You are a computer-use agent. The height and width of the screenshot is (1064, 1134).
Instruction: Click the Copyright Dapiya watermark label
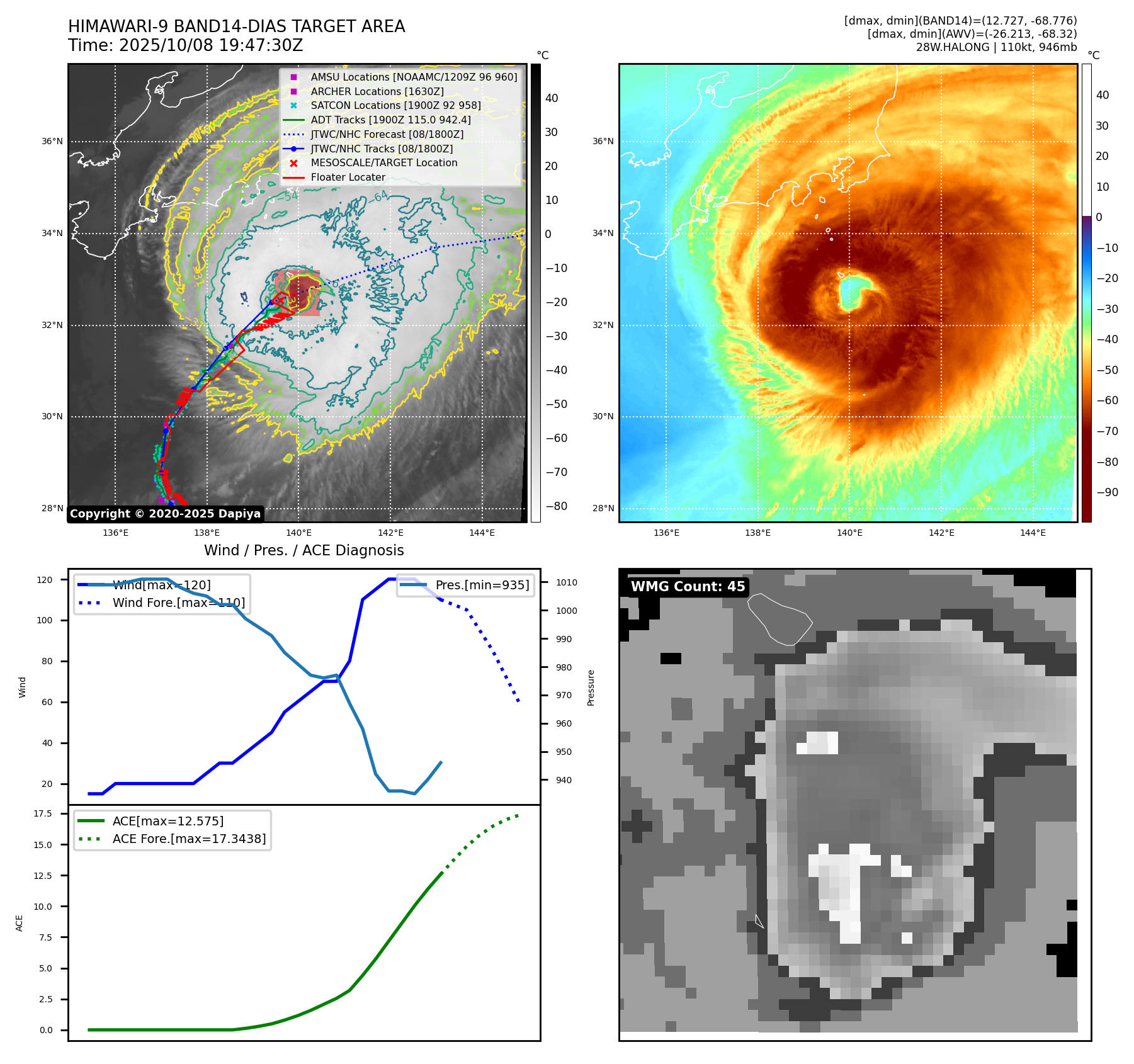pyautogui.click(x=165, y=514)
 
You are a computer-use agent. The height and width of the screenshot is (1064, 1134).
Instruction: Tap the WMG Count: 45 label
pyautogui.click(x=688, y=587)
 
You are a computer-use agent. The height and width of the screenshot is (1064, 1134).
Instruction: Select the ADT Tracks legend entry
pyautogui.click(x=390, y=120)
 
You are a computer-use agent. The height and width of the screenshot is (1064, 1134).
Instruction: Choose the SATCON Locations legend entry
pyautogui.click(x=395, y=105)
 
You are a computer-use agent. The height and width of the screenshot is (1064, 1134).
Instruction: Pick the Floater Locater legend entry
pyautogui.click(x=348, y=177)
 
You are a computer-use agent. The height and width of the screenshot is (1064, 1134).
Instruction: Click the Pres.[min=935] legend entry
pyautogui.click(x=482, y=585)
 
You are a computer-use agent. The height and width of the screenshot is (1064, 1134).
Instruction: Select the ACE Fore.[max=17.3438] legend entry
pyautogui.click(x=189, y=839)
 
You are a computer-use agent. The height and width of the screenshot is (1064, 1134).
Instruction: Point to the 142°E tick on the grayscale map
pyautogui.click(x=390, y=533)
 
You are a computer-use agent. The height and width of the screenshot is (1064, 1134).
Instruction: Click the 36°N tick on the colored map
pyautogui.click(x=603, y=141)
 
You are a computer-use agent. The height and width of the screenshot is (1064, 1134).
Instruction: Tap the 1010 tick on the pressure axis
pyautogui.click(x=566, y=582)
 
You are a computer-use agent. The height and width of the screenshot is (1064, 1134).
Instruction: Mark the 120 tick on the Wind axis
pyautogui.click(x=45, y=580)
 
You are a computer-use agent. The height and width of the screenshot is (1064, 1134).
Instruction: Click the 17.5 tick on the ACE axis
pyautogui.click(x=43, y=813)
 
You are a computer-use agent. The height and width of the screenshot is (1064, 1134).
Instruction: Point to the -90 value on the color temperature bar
pyautogui.click(x=1107, y=492)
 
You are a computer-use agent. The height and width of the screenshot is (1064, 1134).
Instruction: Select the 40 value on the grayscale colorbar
pyautogui.click(x=552, y=98)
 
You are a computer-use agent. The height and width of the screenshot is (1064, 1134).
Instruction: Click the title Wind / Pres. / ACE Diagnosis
pyautogui.click(x=303, y=550)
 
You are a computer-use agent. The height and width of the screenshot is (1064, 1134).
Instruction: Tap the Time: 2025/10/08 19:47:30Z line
pyautogui.click(x=186, y=45)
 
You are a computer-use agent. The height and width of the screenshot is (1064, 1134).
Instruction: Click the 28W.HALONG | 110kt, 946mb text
pyautogui.click(x=996, y=47)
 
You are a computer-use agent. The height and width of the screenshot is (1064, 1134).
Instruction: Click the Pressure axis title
pyautogui.click(x=591, y=688)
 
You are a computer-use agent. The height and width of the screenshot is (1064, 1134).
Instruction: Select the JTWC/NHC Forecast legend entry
pyautogui.click(x=387, y=134)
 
